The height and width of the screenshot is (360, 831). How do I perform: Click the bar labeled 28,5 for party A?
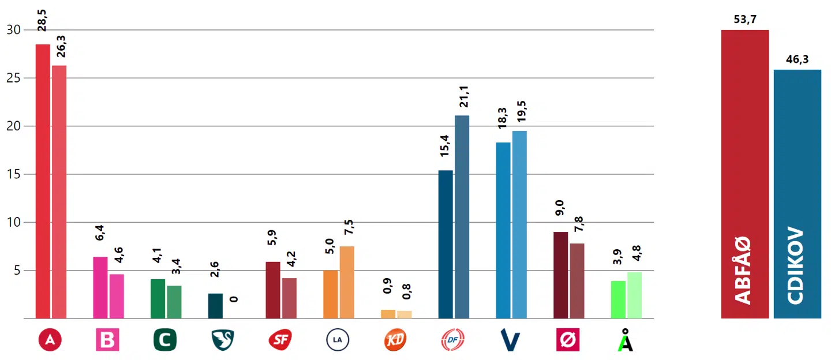click(x=43, y=181)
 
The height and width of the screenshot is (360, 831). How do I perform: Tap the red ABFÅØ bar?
click(x=744, y=173)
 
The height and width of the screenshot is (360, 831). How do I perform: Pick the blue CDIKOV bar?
click(x=797, y=194)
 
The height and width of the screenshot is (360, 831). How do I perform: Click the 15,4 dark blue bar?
click(x=446, y=244)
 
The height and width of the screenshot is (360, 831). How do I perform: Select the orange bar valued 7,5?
click(x=347, y=282)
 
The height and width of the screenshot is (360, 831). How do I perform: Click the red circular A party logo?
click(x=50, y=340)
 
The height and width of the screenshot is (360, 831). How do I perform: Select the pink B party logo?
click(x=107, y=340)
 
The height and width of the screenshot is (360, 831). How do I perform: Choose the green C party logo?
click(x=165, y=340)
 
